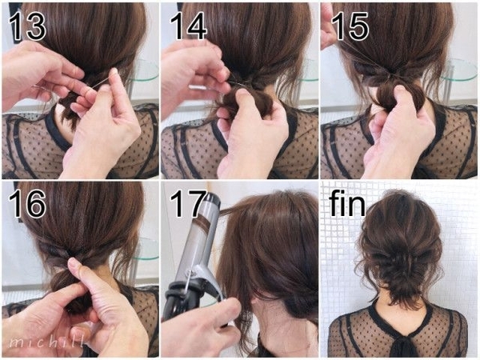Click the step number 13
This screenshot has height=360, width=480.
(x=27, y=26)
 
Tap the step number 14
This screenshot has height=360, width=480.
(x=188, y=26)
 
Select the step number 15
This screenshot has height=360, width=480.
(x=350, y=26)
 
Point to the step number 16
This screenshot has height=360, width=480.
(x=27, y=204)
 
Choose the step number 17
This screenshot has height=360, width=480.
(x=189, y=204)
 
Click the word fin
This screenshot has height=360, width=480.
(x=347, y=203)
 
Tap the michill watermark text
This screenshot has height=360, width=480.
(x=46, y=342)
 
